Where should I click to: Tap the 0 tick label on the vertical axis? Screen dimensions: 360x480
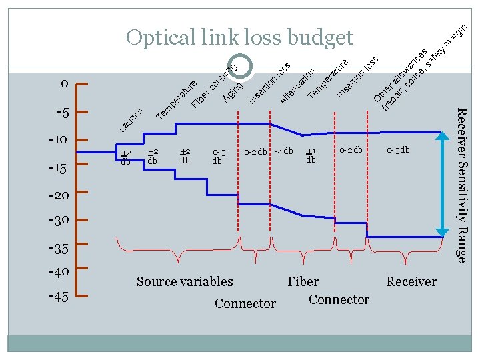tap(63, 84)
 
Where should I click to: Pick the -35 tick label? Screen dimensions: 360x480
tap(59, 249)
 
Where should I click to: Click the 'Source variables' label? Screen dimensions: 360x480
tap(185, 282)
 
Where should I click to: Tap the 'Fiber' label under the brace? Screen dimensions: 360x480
tap(303, 282)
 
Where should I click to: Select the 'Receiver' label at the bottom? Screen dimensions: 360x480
tap(411, 282)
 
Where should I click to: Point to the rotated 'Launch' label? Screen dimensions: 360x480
tap(131, 119)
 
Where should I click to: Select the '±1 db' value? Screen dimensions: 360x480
tap(311, 156)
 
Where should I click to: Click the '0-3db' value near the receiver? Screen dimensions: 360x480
tap(399, 150)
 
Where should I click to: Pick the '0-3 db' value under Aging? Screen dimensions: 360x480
tap(218, 157)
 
